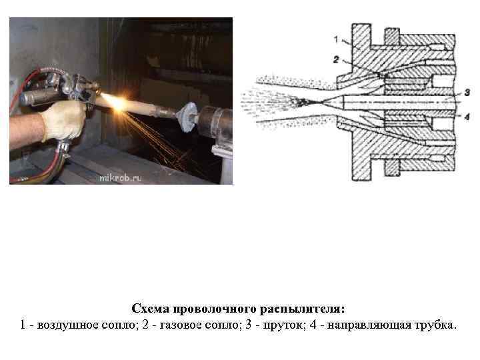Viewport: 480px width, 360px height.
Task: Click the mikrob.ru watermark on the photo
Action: pyautogui.click(x=120, y=178)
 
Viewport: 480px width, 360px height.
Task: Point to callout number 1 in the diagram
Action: pyautogui.click(x=336, y=39)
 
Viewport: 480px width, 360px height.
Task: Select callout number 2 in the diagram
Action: pyautogui.click(x=336, y=59)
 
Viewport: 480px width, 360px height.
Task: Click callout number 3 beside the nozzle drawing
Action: pyautogui.click(x=467, y=92)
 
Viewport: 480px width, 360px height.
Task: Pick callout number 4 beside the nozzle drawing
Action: pyautogui.click(x=467, y=117)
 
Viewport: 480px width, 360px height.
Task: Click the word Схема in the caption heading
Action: pyautogui.click(x=150, y=309)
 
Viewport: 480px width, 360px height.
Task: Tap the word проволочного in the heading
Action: pyautogui.click(x=214, y=309)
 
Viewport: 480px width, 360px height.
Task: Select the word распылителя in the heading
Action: pyautogui.click(x=303, y=309)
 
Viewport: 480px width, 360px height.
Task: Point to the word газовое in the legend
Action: pyautogui.click(x=181, y=325)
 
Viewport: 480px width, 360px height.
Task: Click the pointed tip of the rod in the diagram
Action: pyautogui.click(x=319, y=102)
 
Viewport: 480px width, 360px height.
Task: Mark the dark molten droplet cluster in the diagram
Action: pyautogui.click(x=301, y=102)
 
